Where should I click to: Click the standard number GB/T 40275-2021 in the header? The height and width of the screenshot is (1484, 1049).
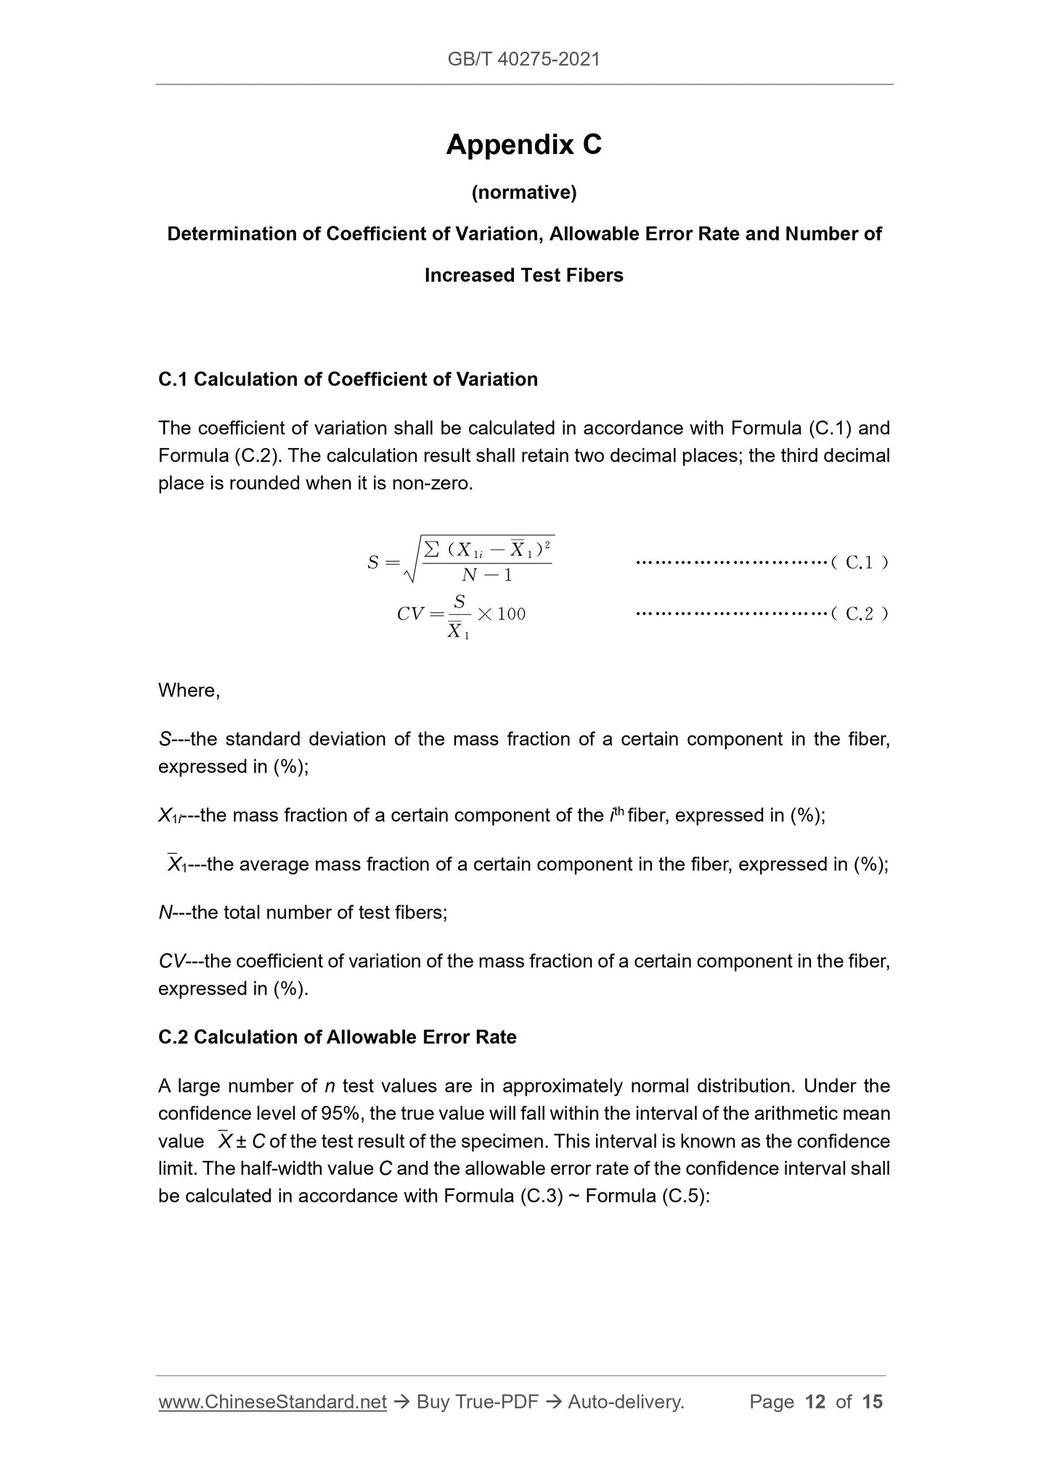[x=523, y=60]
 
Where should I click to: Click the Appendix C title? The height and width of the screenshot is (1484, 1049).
[x=523, y=144]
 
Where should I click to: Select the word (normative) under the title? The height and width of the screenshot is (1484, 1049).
[x=523, y=192]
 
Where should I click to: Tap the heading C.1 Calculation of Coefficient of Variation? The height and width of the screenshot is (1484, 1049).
[x=348, y=379]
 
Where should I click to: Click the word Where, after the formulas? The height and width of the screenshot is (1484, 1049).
[x=189, y=690]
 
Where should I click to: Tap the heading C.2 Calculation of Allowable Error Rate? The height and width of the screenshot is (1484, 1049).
[x=337, y=1037]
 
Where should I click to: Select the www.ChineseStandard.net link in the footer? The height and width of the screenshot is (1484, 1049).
[x=272, y=1402]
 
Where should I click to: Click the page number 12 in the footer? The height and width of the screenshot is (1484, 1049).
[x=815, y=1402]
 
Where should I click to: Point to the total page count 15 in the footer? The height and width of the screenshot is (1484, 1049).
[x=872, y=1402]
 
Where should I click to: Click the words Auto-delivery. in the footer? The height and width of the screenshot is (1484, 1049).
[x=626, y=1402]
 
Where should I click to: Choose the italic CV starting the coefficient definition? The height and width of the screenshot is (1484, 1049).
[x=171, y=961]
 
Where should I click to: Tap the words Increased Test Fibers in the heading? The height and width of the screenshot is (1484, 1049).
[x=523, y=275]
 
